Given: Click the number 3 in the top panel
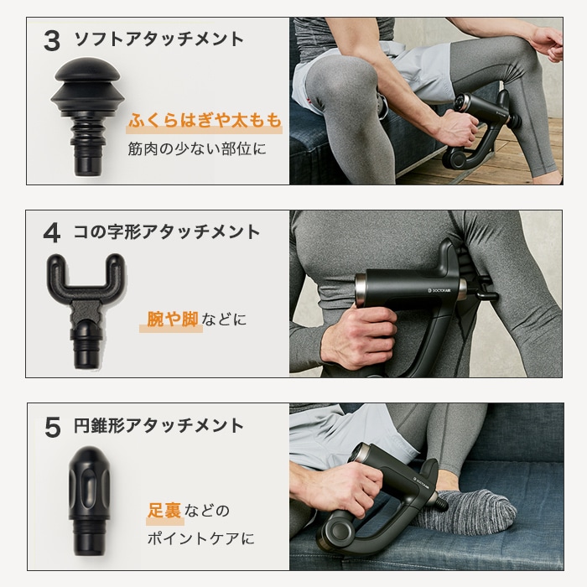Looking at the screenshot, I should [x=51, y=40].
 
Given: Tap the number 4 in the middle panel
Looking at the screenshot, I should [x=51, y=233].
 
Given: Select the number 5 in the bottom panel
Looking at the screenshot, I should [x=52, y=426].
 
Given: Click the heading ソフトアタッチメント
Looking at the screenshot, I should [x=159, y=39].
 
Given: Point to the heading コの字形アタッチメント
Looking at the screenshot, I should [x=168, y=232].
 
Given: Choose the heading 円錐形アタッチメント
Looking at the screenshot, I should [x=159, y=425].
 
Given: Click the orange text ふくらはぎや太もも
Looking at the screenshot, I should [x=205, y=122].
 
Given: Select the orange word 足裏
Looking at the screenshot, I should [x=164, y=510].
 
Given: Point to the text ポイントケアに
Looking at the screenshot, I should [x=200, y=538].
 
